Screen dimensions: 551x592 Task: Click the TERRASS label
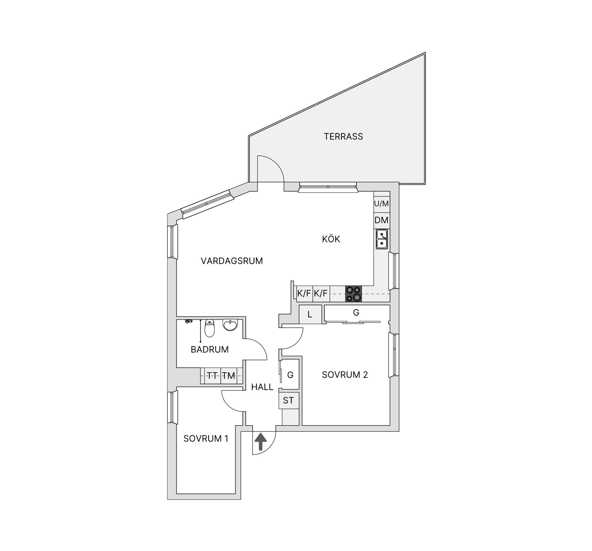pyautogui.click(x=343, y=137)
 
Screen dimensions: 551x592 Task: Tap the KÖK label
pyautogui.click(x=331, y=239)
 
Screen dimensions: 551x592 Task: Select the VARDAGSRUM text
pyautogui.click(x=232, y=261)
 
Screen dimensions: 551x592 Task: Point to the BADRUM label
pyautogui.click(x=210, y=349)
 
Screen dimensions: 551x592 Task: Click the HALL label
pyautogui.click(x=262, y=387)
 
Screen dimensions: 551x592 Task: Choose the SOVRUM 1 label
pyautogui.click(x=206, y=438)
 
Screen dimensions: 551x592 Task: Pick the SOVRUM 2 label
pyautogui.click(x=345, y=375)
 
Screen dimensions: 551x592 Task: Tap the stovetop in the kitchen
pyautogui.click(x=353, y=294)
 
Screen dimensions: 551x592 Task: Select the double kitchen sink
pyautogui.click(x=382, y=239)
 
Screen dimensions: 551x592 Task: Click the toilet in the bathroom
pyautogui.click(x=210, y=328)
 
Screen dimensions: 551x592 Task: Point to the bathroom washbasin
pyautogui.click(x=230, y=325)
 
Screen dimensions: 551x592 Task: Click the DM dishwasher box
pyautogui.click(x=381, y=220)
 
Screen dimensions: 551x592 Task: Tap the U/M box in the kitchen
pyautogui.click(x=381, y=204)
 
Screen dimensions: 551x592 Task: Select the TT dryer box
pyautogui.click(x=212, y=376)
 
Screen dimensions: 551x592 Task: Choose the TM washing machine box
pyautogui.click(x=229, y=376)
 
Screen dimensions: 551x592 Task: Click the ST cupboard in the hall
pyautogui.click(x=288, y=400)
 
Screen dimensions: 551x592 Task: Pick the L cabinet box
pyautogui.click(x=310, y=315)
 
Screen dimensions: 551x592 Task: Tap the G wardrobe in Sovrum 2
pyautogui.click(x=356, y=313)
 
